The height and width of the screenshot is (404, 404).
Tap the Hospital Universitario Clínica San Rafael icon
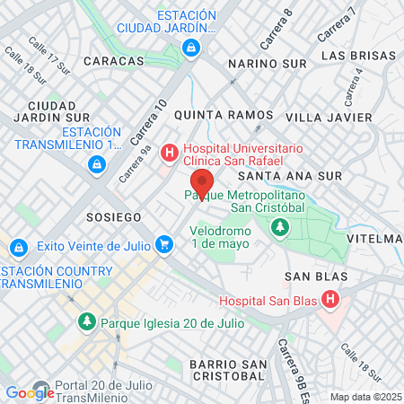[x=167, y=154]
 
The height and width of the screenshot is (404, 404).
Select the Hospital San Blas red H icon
[x=330, y=299]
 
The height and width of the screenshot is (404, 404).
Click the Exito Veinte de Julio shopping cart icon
[x=162, y=243]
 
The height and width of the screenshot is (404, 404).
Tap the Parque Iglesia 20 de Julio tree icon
[x=86, y=321]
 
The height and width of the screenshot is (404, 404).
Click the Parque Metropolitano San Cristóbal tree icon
[x=279, y=228]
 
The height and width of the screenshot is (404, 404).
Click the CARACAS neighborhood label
[x=113, y=61]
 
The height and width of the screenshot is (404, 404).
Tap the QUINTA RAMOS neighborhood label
[x=209, y=116]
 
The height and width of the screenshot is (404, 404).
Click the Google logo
[x=29, y=391]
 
